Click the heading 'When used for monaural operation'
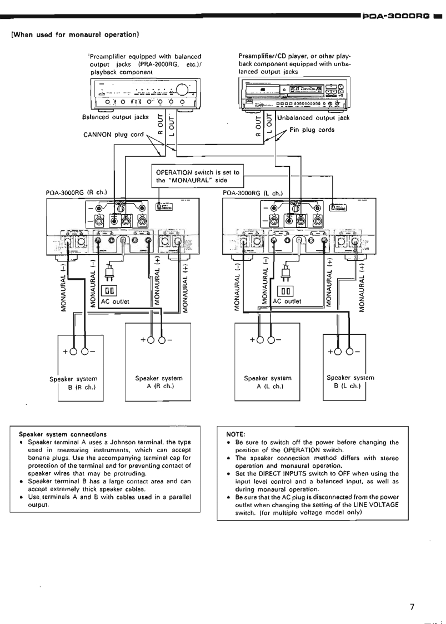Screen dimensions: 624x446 74,35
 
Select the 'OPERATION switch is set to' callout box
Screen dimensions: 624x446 198,176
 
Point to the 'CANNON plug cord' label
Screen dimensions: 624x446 108,135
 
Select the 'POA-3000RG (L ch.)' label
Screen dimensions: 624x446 253,193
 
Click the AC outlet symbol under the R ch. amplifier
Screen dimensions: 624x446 109,290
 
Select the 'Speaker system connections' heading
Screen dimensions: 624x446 55,434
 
